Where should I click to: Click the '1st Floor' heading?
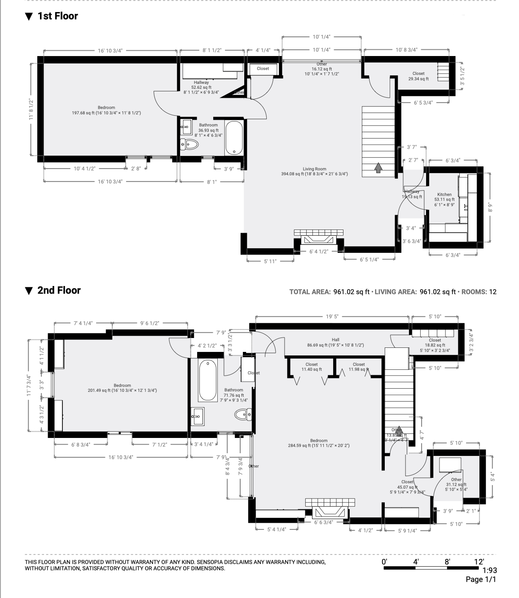point(57,16)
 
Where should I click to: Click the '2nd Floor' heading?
point(58,290)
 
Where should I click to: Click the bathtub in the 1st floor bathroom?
point(234,138)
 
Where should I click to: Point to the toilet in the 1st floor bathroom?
point(189,144)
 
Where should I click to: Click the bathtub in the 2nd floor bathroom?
point(208,380)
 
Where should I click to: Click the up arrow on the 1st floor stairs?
point(378,168)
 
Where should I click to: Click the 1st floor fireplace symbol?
point(319,238)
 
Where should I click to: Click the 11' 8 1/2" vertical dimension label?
point(31,109)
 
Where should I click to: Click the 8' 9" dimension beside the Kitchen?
point(491,208)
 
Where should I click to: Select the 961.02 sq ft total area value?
point(351,292)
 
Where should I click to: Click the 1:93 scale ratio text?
point(489,571)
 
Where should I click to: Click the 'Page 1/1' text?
point(481,580)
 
